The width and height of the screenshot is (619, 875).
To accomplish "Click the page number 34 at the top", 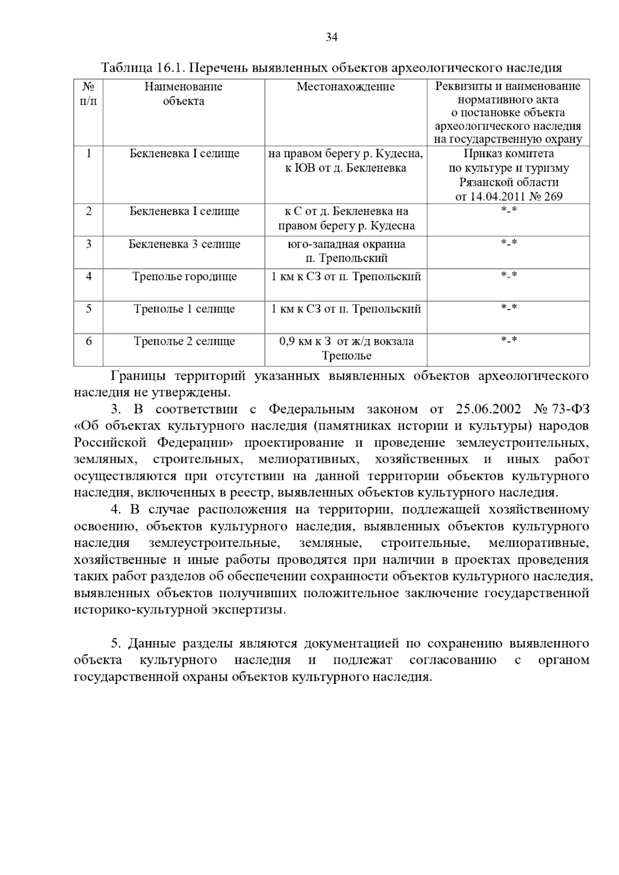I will (331, 37).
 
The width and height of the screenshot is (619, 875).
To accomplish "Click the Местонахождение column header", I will (346, 87).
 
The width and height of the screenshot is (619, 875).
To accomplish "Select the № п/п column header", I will (88, 93).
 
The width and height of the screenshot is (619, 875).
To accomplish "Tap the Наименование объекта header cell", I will (183, 93).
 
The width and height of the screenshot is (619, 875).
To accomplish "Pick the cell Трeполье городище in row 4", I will (184, 277).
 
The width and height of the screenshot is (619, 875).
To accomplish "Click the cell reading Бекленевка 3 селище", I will (184, 244).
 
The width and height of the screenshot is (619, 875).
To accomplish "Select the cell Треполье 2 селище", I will (184, 341).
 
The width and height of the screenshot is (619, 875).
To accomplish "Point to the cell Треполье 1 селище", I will (184, 309).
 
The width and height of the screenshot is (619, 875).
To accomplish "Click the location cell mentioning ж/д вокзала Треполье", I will (346, 348).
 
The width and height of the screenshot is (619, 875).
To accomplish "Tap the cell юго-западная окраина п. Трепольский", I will (346, 251).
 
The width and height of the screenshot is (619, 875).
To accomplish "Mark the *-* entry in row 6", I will (509, 340).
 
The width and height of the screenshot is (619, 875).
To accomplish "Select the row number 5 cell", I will (89, 309).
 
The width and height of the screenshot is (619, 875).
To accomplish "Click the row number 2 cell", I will (89, 211).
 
